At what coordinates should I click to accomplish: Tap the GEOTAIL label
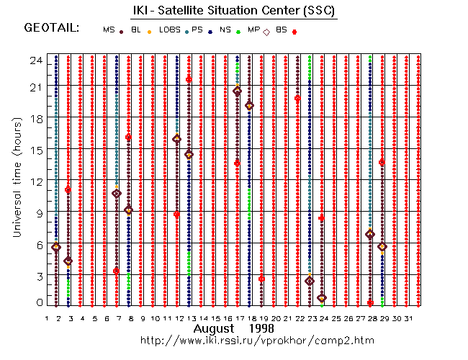point(51,28)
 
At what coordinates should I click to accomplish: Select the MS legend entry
point(109,30)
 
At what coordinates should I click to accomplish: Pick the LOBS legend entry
point(169,30)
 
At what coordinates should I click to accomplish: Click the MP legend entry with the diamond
point(254,30)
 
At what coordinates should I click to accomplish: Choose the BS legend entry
point(281,30)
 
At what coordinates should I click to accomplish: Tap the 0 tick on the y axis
point(40,303)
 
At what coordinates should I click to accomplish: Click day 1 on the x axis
point(47,318)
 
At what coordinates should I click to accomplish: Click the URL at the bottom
point(257,339)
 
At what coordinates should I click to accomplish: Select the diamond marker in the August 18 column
point(249,105)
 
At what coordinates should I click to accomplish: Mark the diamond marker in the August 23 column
point(310,281)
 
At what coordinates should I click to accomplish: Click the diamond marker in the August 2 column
point(56,247)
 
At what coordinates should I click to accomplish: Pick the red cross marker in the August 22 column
point(297,98)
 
